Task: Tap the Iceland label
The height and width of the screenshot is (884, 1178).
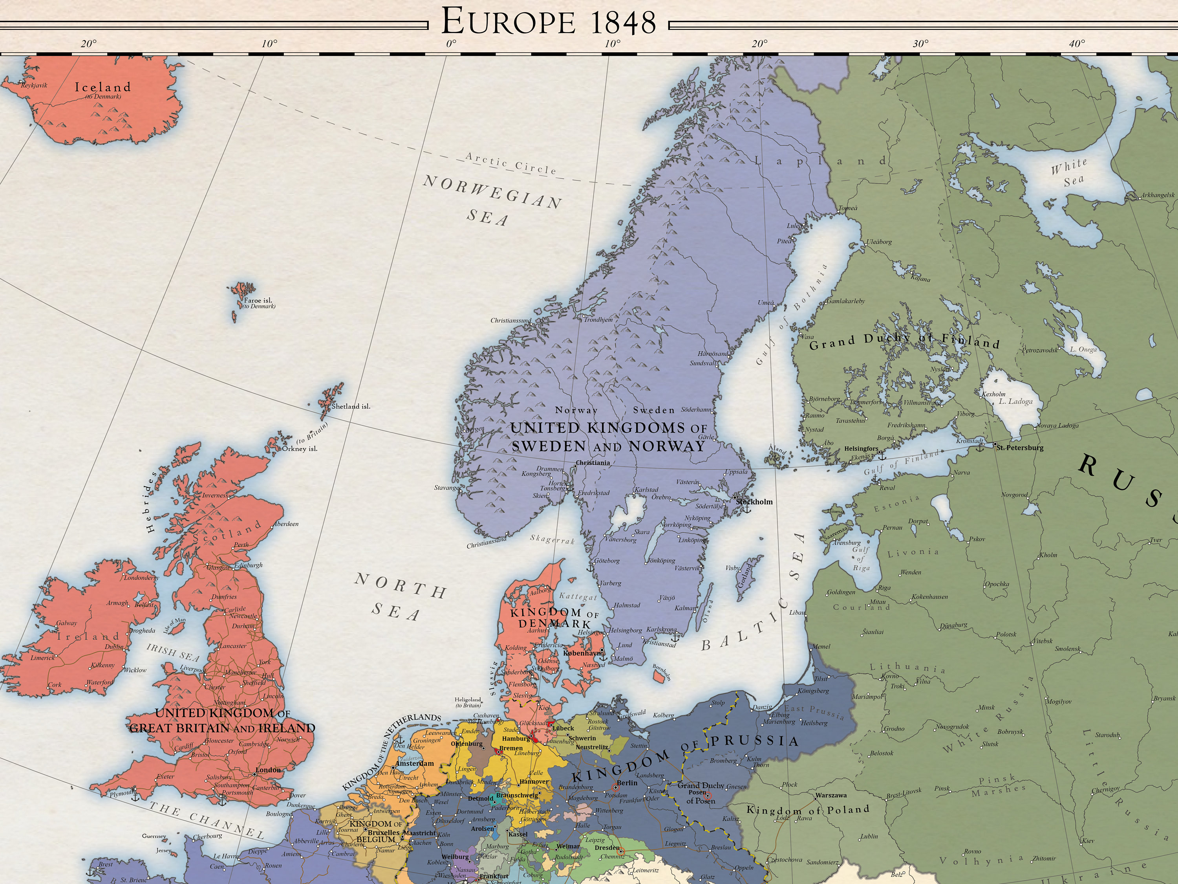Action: (103, 87)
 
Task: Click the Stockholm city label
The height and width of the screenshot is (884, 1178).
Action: (754, 501)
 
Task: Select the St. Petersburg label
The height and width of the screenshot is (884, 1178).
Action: (1020, 448)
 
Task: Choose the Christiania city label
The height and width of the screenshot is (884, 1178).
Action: (593, 462)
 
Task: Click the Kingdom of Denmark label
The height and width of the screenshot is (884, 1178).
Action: (553, 618)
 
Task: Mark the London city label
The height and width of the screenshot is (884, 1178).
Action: (269, 770)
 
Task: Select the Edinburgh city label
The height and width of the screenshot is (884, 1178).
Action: (249, 565)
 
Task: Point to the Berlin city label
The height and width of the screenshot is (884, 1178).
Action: (627, 783)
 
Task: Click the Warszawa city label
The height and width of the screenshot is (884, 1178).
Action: (831, 796)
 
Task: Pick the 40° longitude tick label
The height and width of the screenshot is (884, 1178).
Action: (1076, 44)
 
